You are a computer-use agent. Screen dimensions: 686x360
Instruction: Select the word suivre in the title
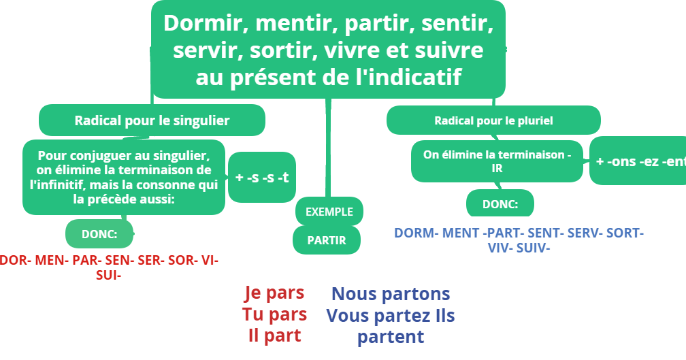point(452,50)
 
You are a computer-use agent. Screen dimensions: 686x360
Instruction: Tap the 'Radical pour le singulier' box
point(152,120)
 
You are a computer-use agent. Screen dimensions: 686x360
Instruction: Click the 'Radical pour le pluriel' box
point(493,120)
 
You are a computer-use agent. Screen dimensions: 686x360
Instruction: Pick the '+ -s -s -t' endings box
point(261,178)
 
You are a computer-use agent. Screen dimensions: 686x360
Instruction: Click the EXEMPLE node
point(329,212)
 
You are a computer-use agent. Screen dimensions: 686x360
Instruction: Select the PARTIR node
point(327,240)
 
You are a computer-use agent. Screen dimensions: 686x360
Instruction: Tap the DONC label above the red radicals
point(99,234)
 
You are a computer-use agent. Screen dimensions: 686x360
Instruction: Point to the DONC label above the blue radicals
point(500,203)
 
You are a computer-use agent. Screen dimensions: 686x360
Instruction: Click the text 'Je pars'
point(274,293)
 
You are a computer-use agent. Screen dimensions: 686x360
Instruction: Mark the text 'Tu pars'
point(274,314)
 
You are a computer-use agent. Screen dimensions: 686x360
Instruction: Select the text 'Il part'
point(274,336)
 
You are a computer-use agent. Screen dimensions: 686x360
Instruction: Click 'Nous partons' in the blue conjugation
point(391,294)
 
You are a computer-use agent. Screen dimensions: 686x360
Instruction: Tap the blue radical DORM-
point(416,233)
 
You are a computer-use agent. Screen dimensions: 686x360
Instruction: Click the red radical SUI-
point(108,275)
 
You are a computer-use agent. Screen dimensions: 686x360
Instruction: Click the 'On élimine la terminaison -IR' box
point(497,161)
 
